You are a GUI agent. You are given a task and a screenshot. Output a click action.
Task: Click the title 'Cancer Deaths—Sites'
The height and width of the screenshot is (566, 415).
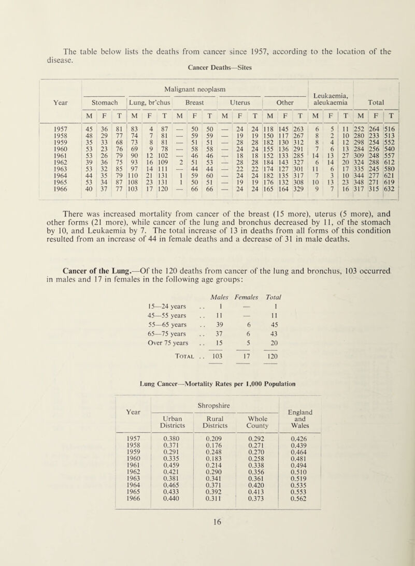pyautogui.click(x=208, y=67)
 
